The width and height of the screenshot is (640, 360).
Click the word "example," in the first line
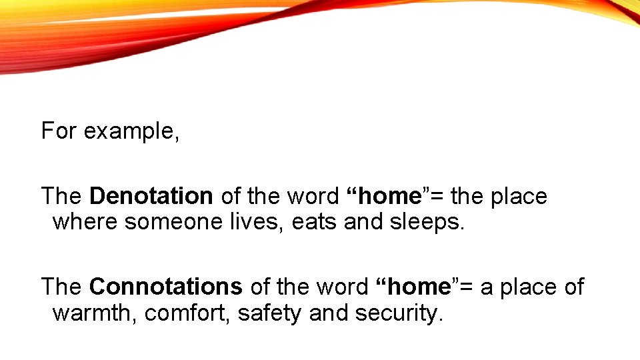click(x=131, y=131)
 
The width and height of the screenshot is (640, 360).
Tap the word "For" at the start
click(x=59, y=131)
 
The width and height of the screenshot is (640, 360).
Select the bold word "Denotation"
click(x=151, y=197)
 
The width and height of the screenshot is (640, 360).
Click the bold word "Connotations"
click(x=165, y=287)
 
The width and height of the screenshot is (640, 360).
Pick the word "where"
click(x=85, y=221)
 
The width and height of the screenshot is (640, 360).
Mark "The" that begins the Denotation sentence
click(x=61, y=197)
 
